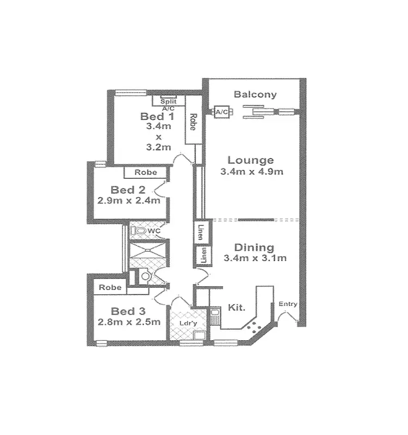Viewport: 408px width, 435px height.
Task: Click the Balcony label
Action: [255, 94]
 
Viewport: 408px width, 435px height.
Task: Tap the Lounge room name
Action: [250, 160]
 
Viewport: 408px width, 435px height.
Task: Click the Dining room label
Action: [255, 247]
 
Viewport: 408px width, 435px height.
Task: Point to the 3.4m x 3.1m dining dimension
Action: [255, 258]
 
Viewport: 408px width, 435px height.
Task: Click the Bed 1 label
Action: [158, 116]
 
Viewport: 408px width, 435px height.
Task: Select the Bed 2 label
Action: [128, 190]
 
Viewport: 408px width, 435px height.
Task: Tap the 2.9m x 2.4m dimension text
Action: [128, 200]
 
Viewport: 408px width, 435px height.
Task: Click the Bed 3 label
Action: [128, 311]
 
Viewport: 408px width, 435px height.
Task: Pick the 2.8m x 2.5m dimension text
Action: [128, 322]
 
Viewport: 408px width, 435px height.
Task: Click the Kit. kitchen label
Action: [236, 307]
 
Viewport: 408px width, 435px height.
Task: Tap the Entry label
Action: [287, 304]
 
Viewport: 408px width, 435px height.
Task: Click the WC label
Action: [154, 232]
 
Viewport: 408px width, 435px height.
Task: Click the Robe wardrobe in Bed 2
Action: [146, 172]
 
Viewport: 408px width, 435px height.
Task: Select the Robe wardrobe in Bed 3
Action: [110, 287]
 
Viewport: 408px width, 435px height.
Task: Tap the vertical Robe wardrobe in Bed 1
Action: [192, 121]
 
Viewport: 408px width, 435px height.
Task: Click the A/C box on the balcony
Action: [222, 112]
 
